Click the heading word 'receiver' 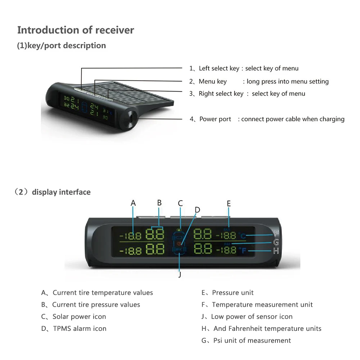pos(114,30)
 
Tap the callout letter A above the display pos(134,203)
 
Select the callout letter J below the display pos(180,275)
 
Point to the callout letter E pos(229,203)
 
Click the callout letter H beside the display pos(276,251)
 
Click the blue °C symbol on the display pos(242,236)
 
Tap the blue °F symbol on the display pos(242,251)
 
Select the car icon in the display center pos(179,242)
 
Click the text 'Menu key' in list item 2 pos(212,81)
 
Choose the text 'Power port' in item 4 pos(215,119)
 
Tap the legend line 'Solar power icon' pos(79,316)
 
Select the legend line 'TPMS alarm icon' pos(80,328)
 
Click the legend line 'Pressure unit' pos(233,293)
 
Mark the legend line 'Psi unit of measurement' pos(252,340)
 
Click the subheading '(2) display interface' pos(52,192)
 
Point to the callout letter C pos(180,203)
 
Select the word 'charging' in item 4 pos(331,119)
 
